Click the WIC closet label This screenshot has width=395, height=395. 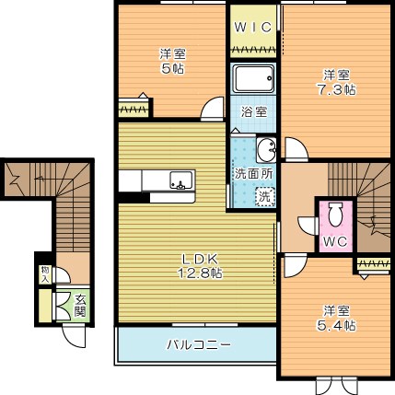coord(253,28)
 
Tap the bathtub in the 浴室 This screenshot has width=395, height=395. coord(253,78)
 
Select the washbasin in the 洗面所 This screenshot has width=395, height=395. coord(266,150)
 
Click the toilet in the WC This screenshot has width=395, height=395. coord(335,215)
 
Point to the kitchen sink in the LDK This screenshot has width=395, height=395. coord(182,180)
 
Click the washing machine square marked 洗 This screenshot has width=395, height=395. coord(264,196)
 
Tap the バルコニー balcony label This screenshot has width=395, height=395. coord(199,344)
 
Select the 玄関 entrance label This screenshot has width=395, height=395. coord(80,306)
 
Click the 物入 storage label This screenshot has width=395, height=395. coord(45,274)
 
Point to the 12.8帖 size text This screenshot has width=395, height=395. coord(201,273)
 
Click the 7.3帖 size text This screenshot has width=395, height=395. coord(336,90)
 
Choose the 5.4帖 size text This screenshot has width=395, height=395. coord(336,325)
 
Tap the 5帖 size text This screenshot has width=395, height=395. coord(172,69)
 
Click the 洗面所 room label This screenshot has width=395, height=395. coord(253,174)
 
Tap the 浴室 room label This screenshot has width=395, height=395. coord(253,112)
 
